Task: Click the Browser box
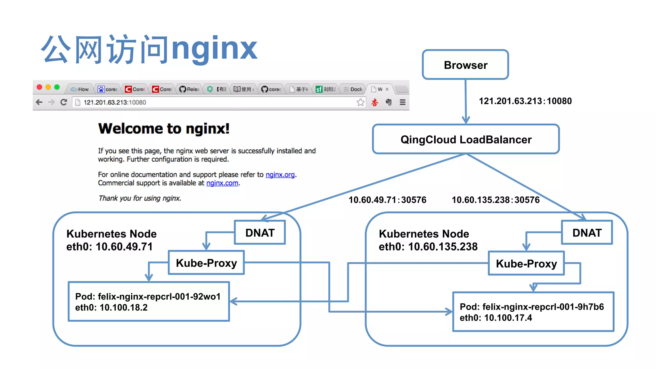[465, 65]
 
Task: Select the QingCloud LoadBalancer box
[466, 140]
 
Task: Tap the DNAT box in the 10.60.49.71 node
[260, 233]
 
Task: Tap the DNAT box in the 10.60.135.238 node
[587, 233]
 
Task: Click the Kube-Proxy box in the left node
[206, 263]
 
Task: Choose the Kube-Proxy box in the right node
[526, 264]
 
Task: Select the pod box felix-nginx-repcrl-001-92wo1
[149, 302]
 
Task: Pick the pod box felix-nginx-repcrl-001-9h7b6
[533, 312]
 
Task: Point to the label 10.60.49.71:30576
[387, 200]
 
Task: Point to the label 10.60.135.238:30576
[496, 200]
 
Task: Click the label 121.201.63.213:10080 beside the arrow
[525, 101]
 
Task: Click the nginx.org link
[280, 175]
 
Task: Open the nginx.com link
[222, 183]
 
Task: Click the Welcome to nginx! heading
[164, 129]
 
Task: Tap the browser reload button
[64, 102]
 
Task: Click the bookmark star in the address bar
[360, 102]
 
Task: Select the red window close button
[39, 87]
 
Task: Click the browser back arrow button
[39, 102]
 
